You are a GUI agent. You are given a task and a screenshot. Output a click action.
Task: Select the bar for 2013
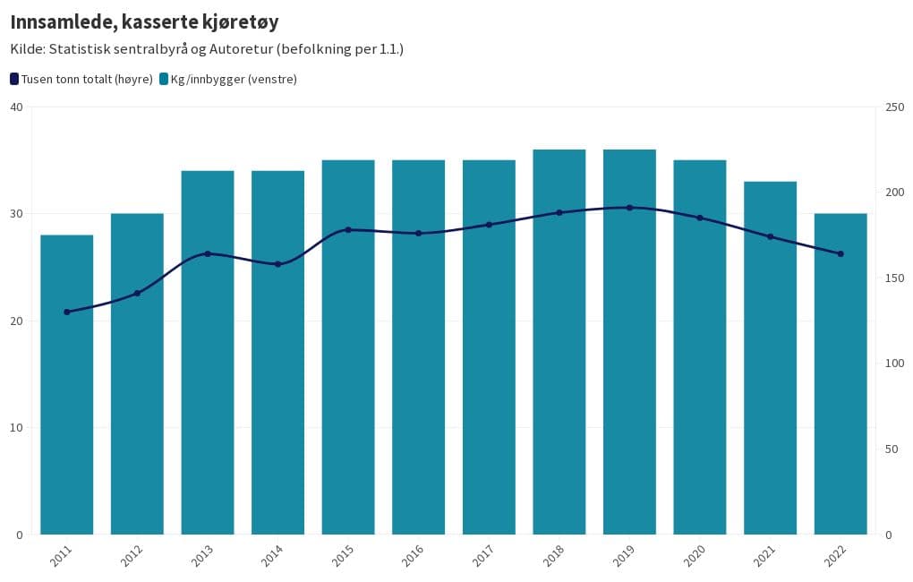(x=208, y=376)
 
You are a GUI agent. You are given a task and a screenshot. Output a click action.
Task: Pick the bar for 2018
(x=559, y=376)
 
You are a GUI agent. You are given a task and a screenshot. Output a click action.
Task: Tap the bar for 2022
(x=840, y=403)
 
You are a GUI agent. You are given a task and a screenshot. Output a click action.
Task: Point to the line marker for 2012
(x=137, y=293)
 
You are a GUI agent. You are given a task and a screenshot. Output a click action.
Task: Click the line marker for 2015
(x=348, y=230)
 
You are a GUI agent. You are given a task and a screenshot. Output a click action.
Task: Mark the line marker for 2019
(x=629, y=208)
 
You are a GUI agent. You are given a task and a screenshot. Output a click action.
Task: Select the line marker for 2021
(x=770, y=236)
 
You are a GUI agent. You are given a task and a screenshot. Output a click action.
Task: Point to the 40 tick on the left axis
(x=15, y=107)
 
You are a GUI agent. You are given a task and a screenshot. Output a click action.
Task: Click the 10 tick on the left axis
(x=15, y=428)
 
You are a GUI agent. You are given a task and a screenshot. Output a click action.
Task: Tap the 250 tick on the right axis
(x=893, y=107)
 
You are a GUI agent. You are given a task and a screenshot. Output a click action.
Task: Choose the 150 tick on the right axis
(x=893, y=278)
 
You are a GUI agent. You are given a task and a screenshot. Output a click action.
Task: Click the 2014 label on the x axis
(x=272, y=556)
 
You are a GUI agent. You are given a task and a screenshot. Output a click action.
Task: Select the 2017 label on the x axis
(x=483, y=556)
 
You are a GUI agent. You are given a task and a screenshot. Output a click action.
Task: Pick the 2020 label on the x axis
(x=694, y=556)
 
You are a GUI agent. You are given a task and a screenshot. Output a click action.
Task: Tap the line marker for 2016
(x=418, y=233)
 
